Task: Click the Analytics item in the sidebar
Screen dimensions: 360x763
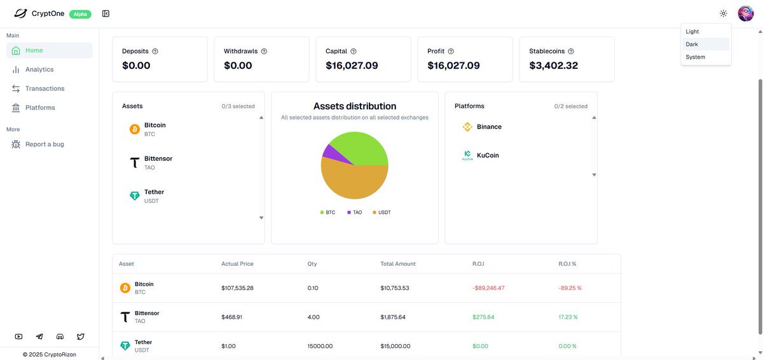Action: pos(39,69)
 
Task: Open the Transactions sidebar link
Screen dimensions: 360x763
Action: pos(45,88)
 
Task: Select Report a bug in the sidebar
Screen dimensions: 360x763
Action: pos(44,144)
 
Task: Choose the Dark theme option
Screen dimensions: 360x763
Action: pos(692,45)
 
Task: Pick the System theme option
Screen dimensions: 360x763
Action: pos(695,57)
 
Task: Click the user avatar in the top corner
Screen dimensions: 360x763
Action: pos(745,13)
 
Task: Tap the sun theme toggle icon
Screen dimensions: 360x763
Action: pos(723,13)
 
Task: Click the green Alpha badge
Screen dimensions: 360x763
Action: pos(80,13)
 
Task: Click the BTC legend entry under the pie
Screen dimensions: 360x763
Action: pos(327,212)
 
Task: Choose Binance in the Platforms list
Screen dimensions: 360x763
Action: pos(489,127)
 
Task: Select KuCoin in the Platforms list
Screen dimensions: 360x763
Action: pos(488,155)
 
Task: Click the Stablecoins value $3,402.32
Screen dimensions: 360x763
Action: pos(553,66)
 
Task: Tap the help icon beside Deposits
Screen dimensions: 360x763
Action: pos(155,51)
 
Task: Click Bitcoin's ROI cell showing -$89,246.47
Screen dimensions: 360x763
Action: pos(488,288)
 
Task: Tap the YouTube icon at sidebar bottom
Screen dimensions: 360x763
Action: pos(18,336)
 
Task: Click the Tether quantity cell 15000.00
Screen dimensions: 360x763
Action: pos(320,346)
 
